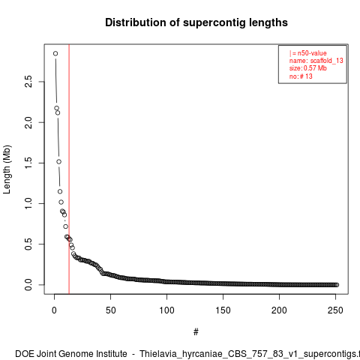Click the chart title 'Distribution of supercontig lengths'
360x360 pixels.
(196, 22)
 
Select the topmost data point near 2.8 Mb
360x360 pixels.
(55, 53)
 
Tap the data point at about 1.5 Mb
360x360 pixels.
(58, 162)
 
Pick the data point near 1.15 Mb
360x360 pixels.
(60, 191)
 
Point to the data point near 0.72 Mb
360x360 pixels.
(65, 226)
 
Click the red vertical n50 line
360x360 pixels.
(69, 169)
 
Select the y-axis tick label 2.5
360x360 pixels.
(28, 82)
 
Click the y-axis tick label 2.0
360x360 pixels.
(28, 122)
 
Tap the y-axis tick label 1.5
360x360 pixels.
(28, 163)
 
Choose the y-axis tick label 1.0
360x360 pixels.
(28, 203)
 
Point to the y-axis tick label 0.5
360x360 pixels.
(28, 244)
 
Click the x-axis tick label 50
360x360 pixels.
(110, 310)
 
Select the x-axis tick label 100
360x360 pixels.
(166, 310)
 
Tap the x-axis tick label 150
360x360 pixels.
(223, 310)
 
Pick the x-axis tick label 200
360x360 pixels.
(279, 310)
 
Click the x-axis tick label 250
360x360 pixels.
(335, 310)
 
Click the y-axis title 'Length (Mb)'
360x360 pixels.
(7, 169)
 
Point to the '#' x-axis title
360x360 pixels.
(196, 332)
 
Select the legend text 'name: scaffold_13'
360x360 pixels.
(316, 61)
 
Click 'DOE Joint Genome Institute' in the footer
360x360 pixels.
(71, 354)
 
